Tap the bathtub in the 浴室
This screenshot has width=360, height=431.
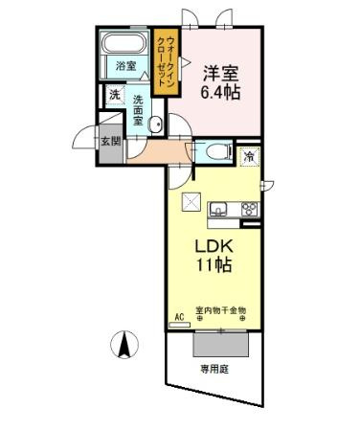click(x=124, y=45)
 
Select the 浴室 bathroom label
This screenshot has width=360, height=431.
click(x=125, y=66)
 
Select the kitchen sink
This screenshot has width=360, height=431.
click(x=217, y=208)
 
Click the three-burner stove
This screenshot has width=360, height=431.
click(x=247, y=209)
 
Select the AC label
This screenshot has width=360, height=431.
click(x=178, y=313)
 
